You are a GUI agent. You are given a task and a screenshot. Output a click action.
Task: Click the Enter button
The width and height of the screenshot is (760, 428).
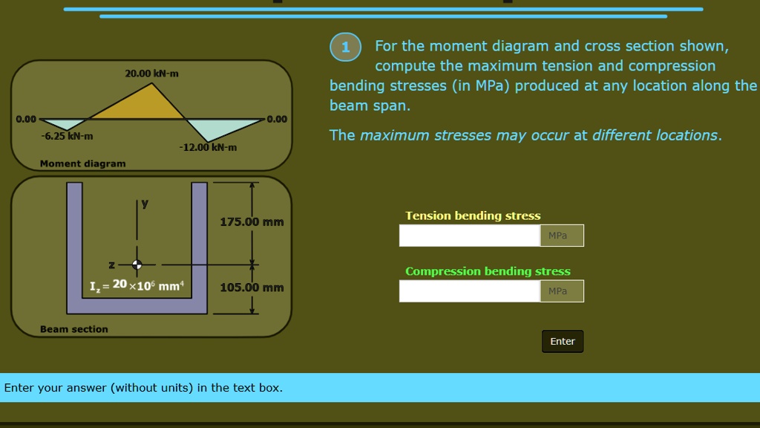562,341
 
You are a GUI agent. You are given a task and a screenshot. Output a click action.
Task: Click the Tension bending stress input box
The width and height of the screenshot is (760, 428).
469,236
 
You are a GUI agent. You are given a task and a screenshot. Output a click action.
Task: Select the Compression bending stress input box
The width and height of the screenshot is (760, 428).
469,291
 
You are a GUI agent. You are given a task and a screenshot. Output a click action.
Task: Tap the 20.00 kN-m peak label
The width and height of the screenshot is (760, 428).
151,74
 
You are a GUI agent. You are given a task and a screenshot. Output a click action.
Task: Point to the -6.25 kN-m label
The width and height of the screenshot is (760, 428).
67,137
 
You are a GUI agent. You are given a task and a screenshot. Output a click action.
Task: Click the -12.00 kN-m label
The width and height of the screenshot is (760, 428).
208,147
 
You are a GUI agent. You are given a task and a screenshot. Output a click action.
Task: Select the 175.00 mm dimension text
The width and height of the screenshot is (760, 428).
252,222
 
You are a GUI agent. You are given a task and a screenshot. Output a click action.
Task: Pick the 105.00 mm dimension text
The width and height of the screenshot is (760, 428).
252,288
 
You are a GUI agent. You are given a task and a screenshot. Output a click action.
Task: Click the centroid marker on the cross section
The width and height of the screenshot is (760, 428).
137,264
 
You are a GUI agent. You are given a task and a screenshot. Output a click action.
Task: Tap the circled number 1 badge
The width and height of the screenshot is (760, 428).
345,47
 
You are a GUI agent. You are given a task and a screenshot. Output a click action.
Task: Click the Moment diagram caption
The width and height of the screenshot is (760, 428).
82,163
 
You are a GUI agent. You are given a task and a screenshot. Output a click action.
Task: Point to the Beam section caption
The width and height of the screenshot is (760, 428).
73,329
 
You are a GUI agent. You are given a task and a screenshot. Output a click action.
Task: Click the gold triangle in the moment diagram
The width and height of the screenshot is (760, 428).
141,107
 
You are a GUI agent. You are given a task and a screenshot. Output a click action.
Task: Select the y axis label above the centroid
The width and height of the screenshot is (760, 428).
145,203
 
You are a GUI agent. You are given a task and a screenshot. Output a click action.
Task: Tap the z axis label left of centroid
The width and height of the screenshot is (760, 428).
111,265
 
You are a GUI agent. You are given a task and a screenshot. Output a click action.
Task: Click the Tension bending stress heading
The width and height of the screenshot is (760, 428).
473,215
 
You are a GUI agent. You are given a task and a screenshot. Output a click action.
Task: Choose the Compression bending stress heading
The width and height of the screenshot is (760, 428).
488,271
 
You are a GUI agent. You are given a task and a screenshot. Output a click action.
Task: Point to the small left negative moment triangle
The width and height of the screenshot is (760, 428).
65,124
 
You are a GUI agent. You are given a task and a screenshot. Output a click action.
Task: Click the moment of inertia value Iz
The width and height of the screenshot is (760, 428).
137,286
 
